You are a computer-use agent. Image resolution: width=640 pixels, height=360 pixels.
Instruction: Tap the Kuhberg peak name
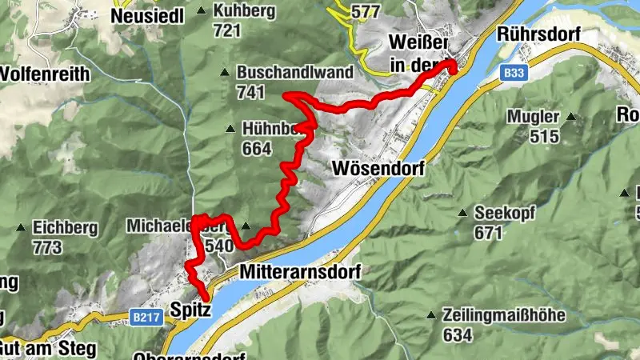point(244,11)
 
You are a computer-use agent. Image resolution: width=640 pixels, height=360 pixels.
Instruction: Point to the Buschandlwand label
point(294,72)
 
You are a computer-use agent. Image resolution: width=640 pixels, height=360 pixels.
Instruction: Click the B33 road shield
point(514,73)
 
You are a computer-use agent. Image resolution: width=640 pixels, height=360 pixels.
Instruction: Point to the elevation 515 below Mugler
point(544,136)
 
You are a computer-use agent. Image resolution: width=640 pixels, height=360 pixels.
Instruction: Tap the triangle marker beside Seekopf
point(462,214)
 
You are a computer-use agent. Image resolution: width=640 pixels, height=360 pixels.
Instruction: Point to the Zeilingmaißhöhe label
point(504,315)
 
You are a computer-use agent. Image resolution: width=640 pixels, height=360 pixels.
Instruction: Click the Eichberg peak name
point(65,228)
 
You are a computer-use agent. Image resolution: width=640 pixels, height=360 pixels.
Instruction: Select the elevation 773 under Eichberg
point(47,247)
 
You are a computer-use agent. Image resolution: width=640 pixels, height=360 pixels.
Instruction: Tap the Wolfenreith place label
point(45,74)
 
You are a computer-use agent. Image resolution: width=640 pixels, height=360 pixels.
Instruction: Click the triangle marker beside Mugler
point(570,117)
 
